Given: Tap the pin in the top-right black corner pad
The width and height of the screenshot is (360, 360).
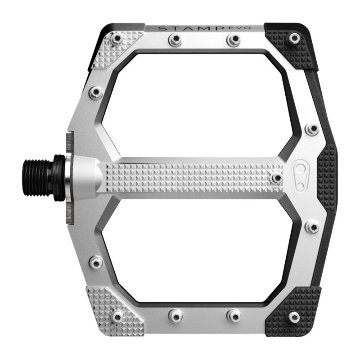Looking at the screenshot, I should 294,38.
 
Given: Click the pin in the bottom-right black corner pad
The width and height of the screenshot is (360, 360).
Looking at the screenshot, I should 294,317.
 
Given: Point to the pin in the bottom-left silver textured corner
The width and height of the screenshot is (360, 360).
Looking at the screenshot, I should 117,317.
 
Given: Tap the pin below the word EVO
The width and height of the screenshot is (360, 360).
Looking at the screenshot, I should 233,40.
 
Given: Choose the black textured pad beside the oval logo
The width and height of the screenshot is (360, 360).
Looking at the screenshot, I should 327,178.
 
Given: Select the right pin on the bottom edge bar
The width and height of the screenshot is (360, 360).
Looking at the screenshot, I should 233,315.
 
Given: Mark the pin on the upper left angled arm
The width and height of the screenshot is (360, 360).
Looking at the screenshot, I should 95,93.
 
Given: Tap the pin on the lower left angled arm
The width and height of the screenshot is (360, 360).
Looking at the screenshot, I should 95,262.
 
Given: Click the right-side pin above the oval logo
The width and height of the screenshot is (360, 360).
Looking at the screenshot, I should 311,129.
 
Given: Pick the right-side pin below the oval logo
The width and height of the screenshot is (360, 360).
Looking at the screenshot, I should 311,226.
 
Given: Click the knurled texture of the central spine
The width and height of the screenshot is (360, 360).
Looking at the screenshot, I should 189,178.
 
